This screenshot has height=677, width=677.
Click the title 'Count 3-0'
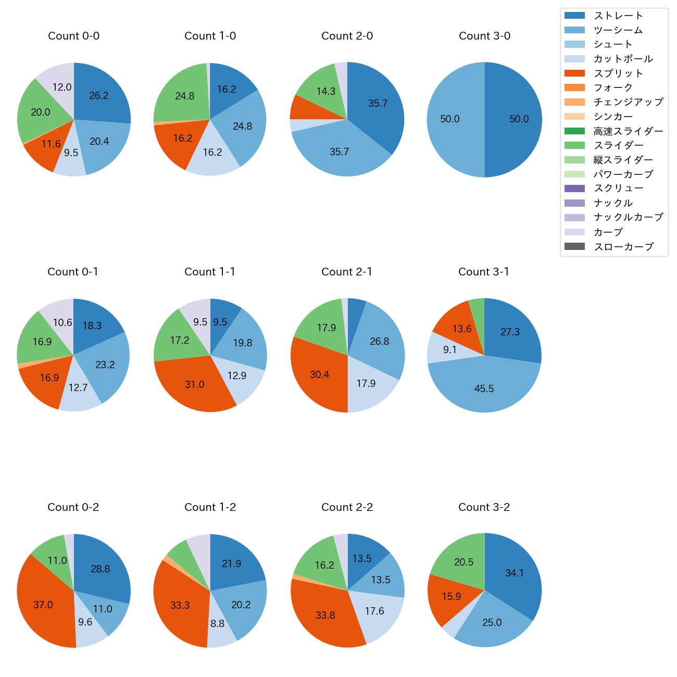[484, 36]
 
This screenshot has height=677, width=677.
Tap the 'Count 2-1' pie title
[347, 272]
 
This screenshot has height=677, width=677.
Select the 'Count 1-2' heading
[210, 507]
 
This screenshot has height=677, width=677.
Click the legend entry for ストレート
[618, 16]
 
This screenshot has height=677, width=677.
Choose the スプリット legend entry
[618, 73]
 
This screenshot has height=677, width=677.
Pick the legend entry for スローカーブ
[623, 247]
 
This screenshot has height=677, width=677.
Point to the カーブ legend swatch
[574, 232]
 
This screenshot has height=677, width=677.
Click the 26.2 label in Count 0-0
[99, 95]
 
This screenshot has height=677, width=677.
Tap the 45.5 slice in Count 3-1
[484, 388]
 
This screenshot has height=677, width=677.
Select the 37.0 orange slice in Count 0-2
[43, 605]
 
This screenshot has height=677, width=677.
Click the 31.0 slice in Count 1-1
[195, 384]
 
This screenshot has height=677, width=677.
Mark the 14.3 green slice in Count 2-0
[326, 91]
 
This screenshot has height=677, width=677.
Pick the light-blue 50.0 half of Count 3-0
[450, 119]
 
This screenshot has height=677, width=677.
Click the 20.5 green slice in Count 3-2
[463, 562]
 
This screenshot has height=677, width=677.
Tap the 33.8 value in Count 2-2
[325, 615]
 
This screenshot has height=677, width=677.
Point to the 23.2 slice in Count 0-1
[105, 365]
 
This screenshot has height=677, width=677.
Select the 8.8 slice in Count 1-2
[218, 623]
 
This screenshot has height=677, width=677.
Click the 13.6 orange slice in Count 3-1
[461, 329]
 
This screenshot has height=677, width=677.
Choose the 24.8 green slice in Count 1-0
[185, 96]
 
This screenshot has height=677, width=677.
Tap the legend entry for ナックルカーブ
[628, 218]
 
